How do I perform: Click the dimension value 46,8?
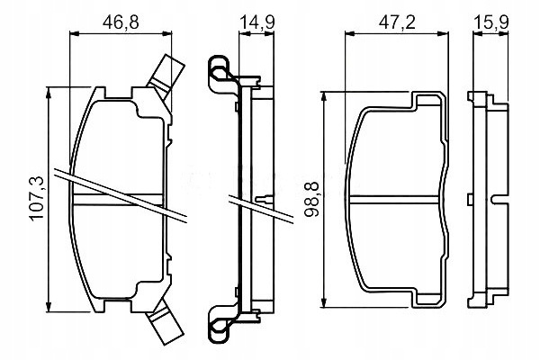pyautogui.click(x=121, y=22)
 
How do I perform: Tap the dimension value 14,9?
pyautogui.click(x=256, y=22)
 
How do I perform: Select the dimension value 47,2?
pyautogui.click(x=397, y=22)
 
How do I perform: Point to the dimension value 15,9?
pyautogui.click(x=491, y=22)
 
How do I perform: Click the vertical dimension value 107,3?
pyautogui.click(x=37, y=198)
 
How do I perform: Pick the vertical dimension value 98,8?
pyautogui.click(x=312, y=199)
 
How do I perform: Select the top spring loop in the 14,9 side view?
pyautogui.click(x=219, y=74)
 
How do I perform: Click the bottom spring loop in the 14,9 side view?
pyautogui.click(x=219, y=325)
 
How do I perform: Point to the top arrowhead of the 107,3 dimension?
pyautogui.click(x=49, y=92)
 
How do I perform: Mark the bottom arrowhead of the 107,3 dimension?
pyautogui.click(x=49, y=307)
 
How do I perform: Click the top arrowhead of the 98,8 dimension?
pyautogui.click(x=323, y=97)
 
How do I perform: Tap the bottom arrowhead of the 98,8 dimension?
pyautogui.click(x=323, y=302)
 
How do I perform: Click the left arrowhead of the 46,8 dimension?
pyautogui.click(x=75, y=33)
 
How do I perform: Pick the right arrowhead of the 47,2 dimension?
pyautogui.click(x=444, y=33)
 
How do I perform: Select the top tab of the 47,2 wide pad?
pyautogui.click(x=427, y=100)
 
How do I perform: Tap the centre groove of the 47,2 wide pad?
pyautogui.click(x=395, y=200)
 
